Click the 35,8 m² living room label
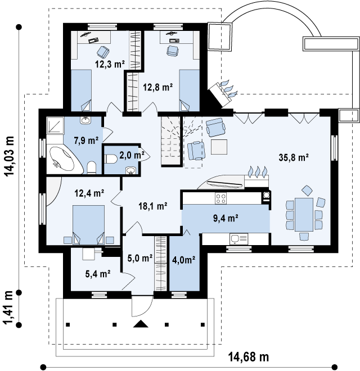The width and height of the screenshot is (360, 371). [294, 157]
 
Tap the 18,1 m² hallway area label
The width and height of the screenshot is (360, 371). [153, 206]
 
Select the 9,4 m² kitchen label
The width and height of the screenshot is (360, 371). [226, 218]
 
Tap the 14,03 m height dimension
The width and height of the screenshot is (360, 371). [10, 156]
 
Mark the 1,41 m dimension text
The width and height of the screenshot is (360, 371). [8, 308]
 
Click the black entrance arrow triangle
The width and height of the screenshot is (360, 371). [141, 323]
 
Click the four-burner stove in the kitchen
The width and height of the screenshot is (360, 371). [220, 198]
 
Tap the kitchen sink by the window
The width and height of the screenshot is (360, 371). [238, 239]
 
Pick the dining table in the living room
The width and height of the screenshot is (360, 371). [304, 215]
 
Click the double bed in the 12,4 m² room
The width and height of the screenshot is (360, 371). [88, 224]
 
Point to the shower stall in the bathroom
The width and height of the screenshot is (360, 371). [55, 125]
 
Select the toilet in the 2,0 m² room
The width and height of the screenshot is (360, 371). [110, 159]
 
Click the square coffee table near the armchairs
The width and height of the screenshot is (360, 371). [219, 147]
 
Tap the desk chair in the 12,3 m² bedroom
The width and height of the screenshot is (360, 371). [103, 52]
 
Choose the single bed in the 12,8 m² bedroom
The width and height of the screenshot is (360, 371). [189, 90]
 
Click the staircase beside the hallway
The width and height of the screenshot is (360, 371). [171, 142]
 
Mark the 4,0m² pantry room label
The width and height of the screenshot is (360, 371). [183, 260]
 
